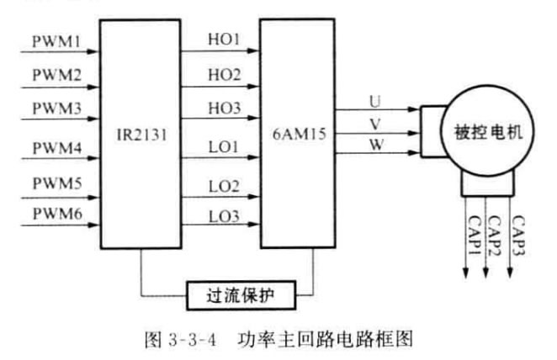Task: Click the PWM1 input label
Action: [x=56, y=40]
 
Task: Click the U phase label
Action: [x=374, y=101]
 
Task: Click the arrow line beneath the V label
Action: [x=374, y=130]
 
